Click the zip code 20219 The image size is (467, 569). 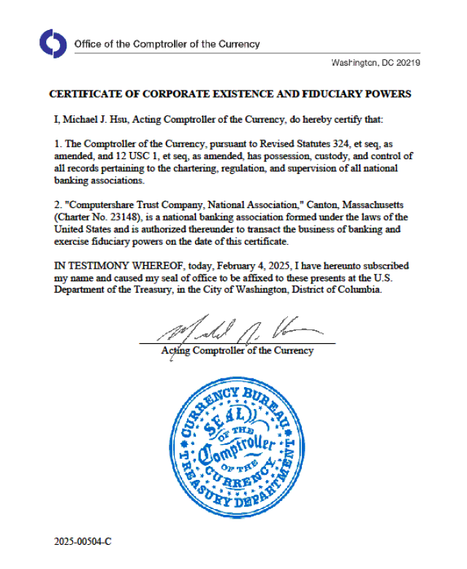tap(406, 63)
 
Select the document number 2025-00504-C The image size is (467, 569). tap(83, 542)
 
